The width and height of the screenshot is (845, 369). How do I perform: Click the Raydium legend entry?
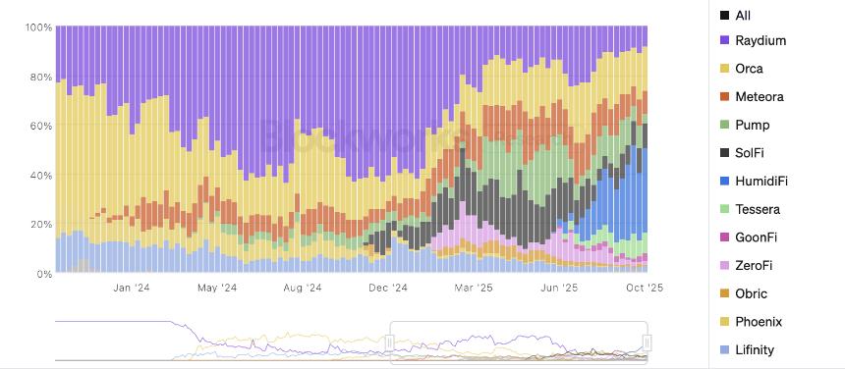coord(760,40)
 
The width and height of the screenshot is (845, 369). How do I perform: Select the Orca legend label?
coord(749,69)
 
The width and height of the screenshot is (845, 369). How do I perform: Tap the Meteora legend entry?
coord(758,97)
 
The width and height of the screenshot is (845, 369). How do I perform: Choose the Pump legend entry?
coord(752,125)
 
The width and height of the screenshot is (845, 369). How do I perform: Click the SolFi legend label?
coord(750,153)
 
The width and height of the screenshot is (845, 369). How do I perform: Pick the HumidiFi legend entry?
coord(760,182)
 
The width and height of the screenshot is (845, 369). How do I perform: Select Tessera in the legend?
coord(757,209)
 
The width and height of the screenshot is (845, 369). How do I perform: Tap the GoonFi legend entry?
coord(756,237)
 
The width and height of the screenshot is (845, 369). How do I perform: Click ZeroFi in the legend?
coord(754,266)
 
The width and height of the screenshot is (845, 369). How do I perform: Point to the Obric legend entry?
coord(751,293)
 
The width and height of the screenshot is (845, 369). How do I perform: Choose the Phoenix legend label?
coord(758,322)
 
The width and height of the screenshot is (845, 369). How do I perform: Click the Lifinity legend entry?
coord(754,350)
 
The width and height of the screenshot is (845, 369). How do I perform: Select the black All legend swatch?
coord(724,15)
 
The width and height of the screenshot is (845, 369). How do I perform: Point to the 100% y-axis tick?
coord(38,27)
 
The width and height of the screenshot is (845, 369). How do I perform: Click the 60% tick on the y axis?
coord(40,127)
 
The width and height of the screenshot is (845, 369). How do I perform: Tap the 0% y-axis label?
coord(44,274)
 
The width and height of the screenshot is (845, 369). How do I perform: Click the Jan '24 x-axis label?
coord(131,289)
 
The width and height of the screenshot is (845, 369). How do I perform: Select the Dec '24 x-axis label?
coord(388,289)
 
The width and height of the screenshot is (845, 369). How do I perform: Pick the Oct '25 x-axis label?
coord(646,289)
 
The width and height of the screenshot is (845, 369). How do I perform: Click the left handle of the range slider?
coord(390,342)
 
